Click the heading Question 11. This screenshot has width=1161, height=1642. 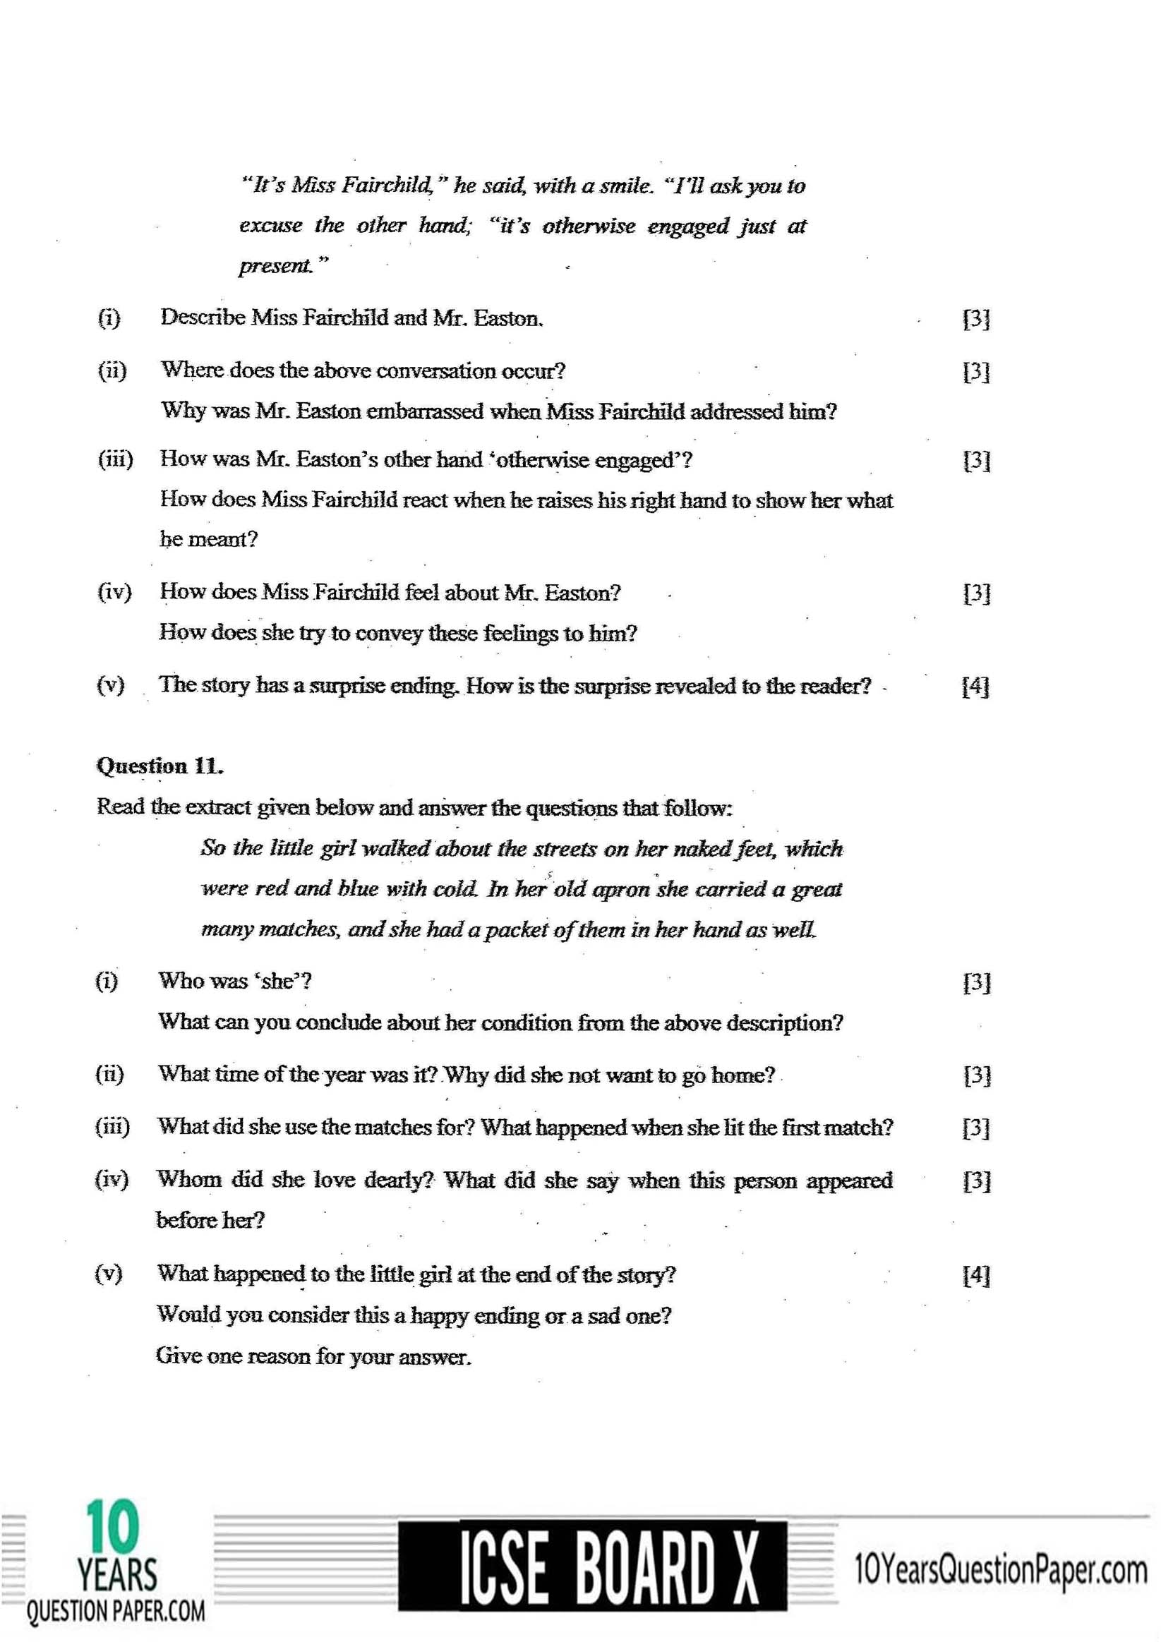pyautogui.click(x=160, y=766)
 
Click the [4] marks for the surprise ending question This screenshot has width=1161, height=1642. pyautogui.click(x=975, y=686)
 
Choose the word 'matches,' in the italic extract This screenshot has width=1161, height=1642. pyautogui.click(x=299, y=929)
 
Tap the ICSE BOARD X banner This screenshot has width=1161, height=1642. pyautogui.click(x=591, y=1574)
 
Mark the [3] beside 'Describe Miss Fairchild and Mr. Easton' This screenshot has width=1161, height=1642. pyautogui.click(x=975, y=318)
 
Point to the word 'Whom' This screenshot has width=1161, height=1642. pyautogui.click(x=189, y=1179)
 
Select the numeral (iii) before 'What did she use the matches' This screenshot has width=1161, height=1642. pyautogui.click(x=112, y=1127)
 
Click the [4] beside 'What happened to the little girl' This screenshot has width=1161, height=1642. pyautogui.click(x=975, y=1275)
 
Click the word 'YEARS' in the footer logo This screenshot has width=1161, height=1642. pyautogui.click(x=116, y=1575)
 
